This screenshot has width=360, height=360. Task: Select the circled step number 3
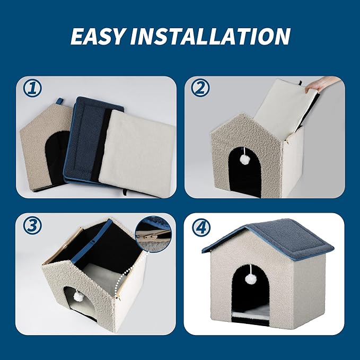tap(33, 226)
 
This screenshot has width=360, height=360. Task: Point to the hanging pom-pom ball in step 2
tap(245, 159)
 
